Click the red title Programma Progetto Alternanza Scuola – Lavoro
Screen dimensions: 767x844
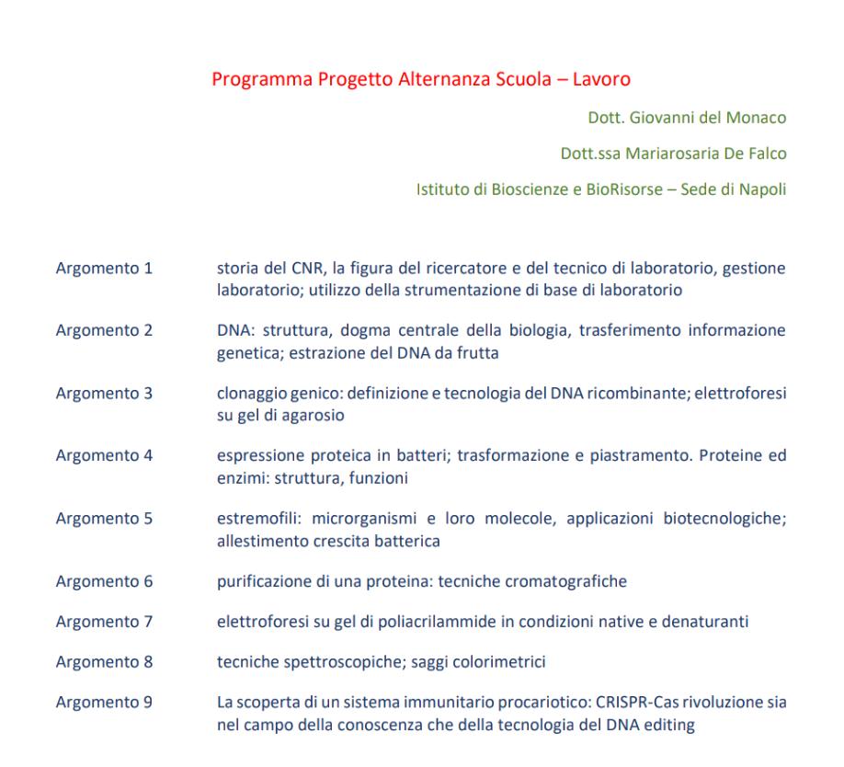(x=421, y=79)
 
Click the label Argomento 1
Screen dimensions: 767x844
(x=104, y=269)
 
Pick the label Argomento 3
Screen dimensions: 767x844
(x=104, y=394)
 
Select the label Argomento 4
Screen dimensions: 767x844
(x=104, y=456)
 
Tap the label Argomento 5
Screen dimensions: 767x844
(x=104, y=519)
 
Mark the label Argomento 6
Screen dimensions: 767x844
(x=104, y=581)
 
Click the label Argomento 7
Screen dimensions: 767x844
(x=104, y=623)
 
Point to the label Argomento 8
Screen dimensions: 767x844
(x=104, y=661)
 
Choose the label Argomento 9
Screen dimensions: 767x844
(x=104, y=704)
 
